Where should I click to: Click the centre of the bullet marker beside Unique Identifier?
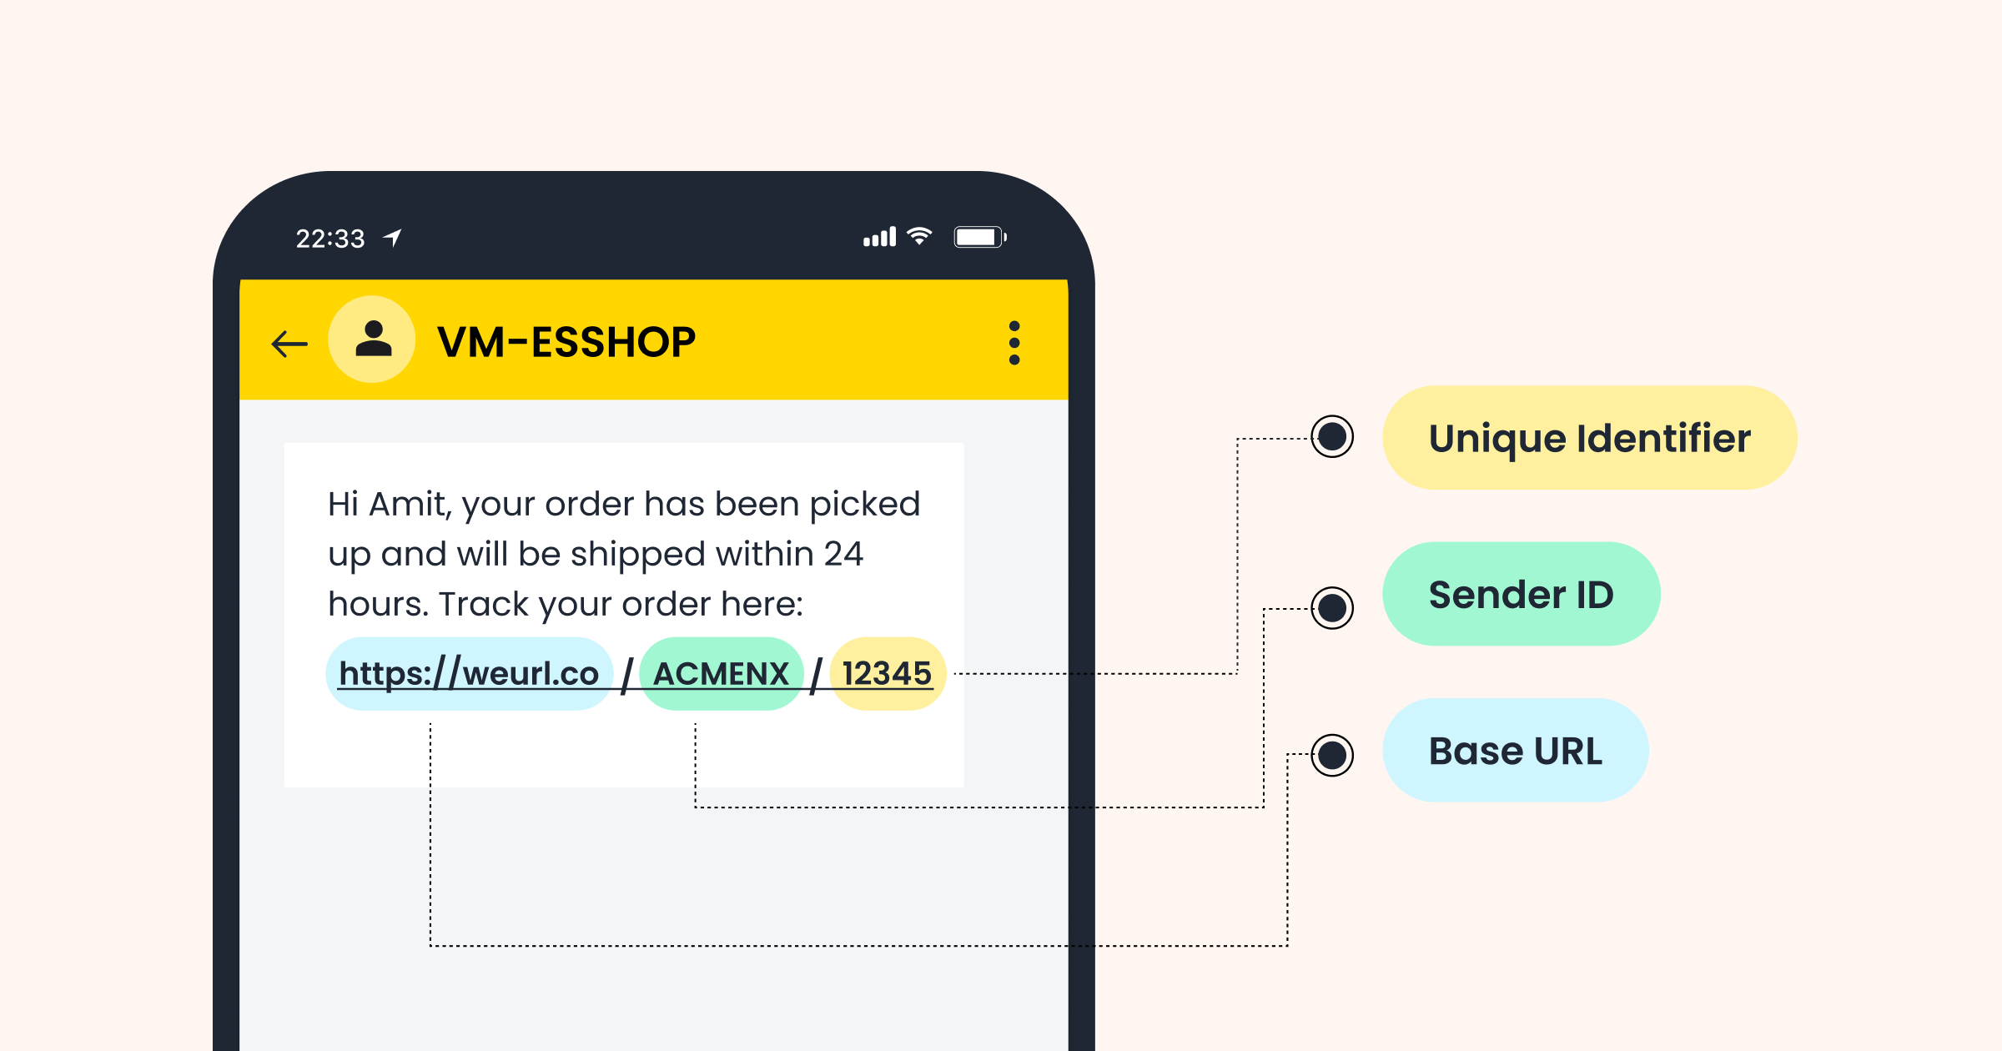[x=1332, y=436]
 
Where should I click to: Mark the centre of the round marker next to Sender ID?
[x=1332, y=607]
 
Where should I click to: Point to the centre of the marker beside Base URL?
[x=1332, y=755]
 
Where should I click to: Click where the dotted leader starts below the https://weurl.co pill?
[x=430, y=724]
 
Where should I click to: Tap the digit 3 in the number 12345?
[x=879, y=674]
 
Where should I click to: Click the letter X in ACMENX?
[x=778, y=674]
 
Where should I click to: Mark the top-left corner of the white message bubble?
[x=284, y=443]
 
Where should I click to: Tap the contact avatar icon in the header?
[x=372, y=339]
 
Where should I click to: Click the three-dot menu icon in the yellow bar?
[x=1014, y=343]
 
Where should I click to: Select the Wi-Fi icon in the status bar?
[x=919, y=236]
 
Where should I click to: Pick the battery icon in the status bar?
[x=980, y=237]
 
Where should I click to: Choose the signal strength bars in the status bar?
[x=879, y=237]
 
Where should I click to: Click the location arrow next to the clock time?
[x=393, y=238]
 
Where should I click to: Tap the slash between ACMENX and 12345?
[x=817, y=675]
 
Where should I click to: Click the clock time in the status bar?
[x=330, y=239]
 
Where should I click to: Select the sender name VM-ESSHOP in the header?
[x=566, y=342]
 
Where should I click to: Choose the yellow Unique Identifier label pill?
[x=1589, y=438]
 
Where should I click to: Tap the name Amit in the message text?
[x=407, y=505]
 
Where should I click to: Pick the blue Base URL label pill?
[x=1516, y=751]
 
